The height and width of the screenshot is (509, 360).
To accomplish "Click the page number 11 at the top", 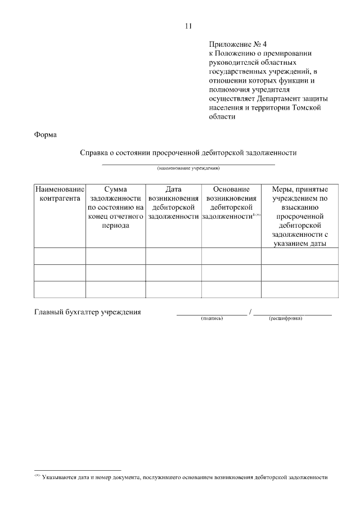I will tap(188, 26).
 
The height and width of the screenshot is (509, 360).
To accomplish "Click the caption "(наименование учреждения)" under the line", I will tap(188, 168).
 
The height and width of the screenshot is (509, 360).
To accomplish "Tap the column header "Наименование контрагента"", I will tap(60, 194).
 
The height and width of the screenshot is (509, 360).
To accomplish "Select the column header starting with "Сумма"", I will tap(115, 208).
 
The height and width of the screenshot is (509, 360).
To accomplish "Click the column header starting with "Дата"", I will tap(173, 203).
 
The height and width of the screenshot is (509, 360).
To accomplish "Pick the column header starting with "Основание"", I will tap(231, 203).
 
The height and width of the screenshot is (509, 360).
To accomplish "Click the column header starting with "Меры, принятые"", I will tap(299, 217).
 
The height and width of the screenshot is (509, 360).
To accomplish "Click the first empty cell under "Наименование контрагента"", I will tap(60, 256).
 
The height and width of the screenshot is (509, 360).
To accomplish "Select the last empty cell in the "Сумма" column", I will tap(115, 290).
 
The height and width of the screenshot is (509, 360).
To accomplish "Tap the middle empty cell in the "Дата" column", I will tap(173, 273).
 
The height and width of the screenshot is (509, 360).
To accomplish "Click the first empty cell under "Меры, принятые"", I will tap(299, 256).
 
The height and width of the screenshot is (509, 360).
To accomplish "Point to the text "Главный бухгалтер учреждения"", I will tap(87, 312).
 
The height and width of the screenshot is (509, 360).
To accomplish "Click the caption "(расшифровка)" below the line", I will tap(286, 319).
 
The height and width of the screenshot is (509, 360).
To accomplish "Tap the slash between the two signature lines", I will tap(250, 312).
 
